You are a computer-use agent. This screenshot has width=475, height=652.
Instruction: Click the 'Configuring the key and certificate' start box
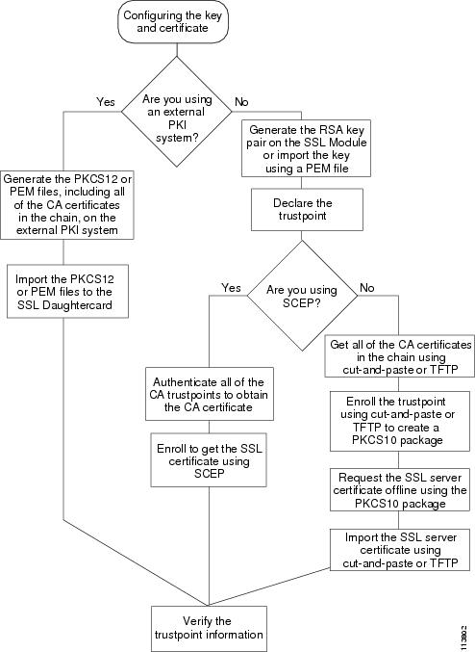173,21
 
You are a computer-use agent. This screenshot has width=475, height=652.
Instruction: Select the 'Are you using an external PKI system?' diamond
177,112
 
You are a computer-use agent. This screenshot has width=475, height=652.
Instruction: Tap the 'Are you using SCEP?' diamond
302,296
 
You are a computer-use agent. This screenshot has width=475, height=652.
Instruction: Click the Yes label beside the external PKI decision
106,102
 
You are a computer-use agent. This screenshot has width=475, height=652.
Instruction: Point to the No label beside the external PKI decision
241,102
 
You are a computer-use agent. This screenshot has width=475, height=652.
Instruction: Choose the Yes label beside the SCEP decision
231,288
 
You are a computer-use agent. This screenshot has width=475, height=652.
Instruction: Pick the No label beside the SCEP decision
367,288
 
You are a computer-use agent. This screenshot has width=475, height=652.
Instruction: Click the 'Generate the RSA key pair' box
306,148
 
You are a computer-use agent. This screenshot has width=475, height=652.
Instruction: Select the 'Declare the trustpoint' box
307,210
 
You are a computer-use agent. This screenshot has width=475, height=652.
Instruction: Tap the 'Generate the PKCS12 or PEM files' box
67,204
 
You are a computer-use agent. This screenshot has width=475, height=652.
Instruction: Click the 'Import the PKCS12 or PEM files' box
67,291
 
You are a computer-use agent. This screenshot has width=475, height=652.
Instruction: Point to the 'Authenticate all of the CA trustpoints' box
210,394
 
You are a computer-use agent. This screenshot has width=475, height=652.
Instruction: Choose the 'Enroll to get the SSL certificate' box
209,460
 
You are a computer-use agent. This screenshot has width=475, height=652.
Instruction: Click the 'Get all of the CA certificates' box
399,356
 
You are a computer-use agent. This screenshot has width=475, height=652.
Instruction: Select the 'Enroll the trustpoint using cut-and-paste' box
400,421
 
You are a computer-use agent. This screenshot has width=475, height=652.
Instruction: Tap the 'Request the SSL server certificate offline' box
400,490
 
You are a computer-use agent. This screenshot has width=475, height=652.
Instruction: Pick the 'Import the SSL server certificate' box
400,550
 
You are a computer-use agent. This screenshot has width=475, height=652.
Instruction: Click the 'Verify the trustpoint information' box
209,628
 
